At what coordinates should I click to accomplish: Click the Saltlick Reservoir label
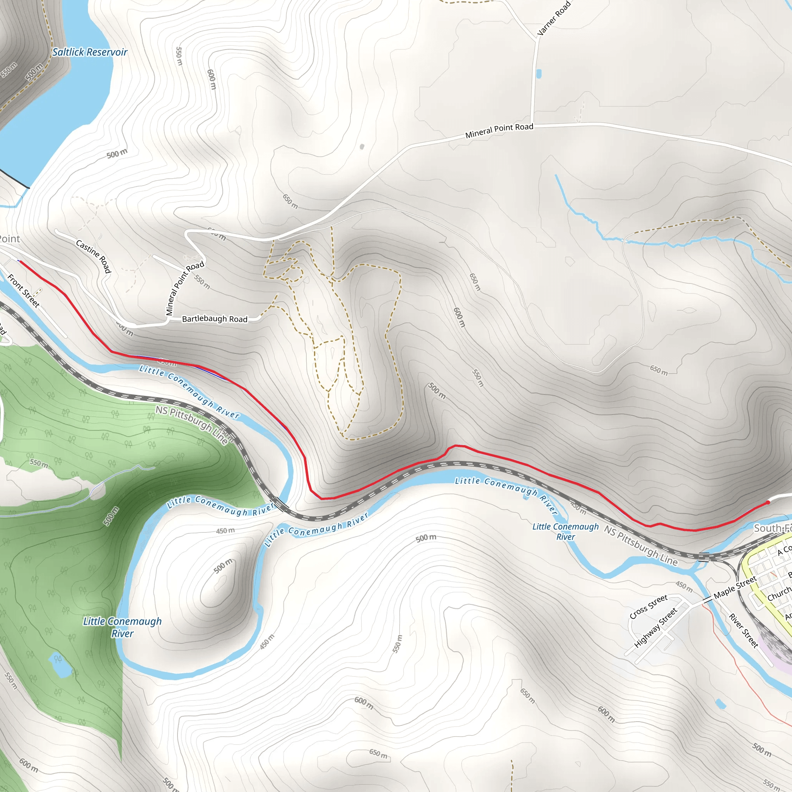coord(90,52)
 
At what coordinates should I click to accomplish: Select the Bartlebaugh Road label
coord(214,319)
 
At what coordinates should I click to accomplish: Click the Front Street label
coord(24,291)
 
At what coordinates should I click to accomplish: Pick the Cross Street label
coord(649,607)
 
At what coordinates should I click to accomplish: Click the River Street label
coord(743,631)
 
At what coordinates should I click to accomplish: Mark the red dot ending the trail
coord(768,503)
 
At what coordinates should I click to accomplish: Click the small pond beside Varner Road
coord(539,74)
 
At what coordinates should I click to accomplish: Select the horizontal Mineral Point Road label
coord(499,131)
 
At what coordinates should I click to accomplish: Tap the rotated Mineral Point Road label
coord(184,288)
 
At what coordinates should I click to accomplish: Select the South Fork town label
coord(772,528)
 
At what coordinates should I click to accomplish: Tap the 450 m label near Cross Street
coord(684,586)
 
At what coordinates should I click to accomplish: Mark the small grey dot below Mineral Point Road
coord(362,147)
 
